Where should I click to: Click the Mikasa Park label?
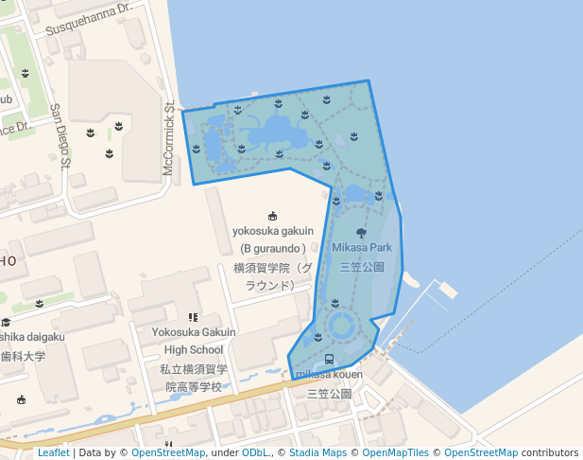pos(362,248)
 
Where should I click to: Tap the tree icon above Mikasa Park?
pos(361,232)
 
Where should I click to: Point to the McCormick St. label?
pos(169,138)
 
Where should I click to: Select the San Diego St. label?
pos(60,136)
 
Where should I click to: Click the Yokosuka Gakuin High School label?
pos(194,341)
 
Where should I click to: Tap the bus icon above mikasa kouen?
pos(329,360)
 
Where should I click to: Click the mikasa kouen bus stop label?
pos(329,375)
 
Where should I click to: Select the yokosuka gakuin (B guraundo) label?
pos(273,239)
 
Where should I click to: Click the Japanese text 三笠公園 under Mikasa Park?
pos(362,267)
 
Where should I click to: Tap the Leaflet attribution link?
pos(53,452)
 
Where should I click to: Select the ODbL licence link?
pos(256,452)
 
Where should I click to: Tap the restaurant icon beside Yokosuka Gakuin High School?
pos(193,318)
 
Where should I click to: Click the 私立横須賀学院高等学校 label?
pos(194,378)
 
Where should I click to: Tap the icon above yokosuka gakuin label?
pos(273,216)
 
